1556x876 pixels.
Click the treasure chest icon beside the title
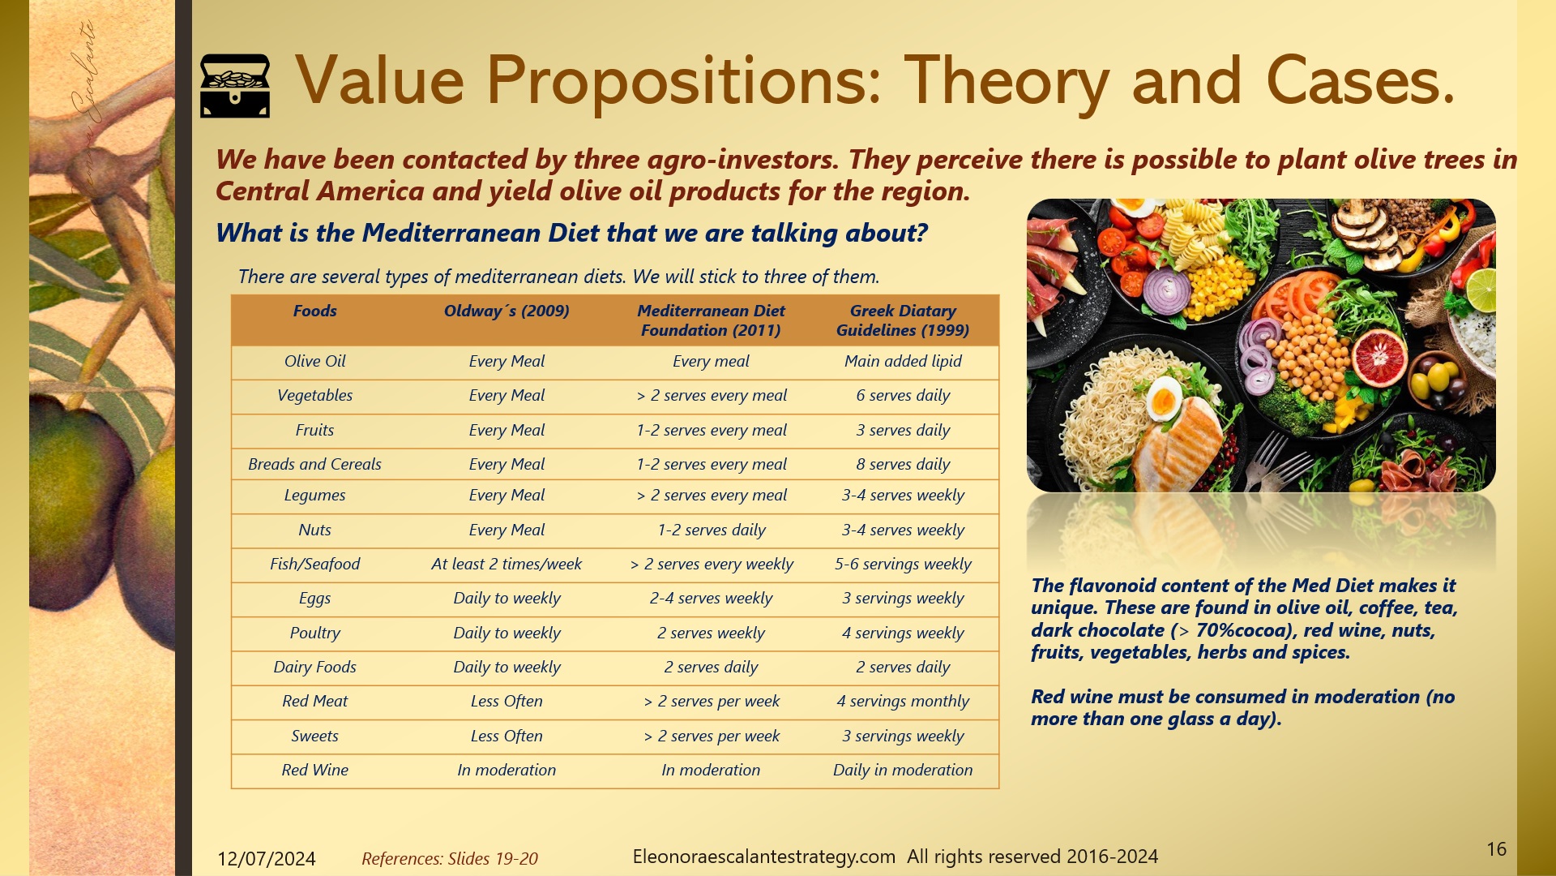pyautogui.click(x=234, y=85)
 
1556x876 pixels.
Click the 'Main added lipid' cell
pyautogui.click(x=903, y=362)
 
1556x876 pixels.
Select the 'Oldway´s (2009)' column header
pyautogui.click(x=507, y=311)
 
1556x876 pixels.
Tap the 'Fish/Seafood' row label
pyautogui.click(x=314, y=565)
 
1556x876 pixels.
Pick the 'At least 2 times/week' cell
pyautogui.click(x=507, y=565)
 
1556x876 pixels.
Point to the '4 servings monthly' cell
pyautogui.click(x=903, y=702)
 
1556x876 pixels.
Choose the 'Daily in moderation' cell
pyautogui.click(x=903, y=771)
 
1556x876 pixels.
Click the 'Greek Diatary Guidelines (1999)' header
pyautogui.click(x=903, y=320)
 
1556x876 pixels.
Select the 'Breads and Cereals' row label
pyautogui.click(x=314, y=465)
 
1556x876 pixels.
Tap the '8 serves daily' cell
pyautogui.click(x=903, y=465)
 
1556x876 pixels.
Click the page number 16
pyautogui.click(x=1496, y=849)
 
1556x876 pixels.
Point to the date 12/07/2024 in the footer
pyautogui.click(x=266, y=859)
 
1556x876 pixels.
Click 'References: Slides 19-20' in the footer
pyautogui.click(x=450, y=859)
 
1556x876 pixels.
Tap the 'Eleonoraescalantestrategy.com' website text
pyautogui.click(x=763, y=857)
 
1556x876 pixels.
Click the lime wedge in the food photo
pyautogui.click(x=1480, y=290)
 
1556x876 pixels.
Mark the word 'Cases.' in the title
pyautogui.click(x=1361, y=81)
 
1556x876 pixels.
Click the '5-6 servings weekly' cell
pyautogui.click(x=903, y=565)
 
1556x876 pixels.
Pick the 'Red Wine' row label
pyautogui.click(x=314, y=771)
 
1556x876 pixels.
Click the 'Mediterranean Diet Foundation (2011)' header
pyautogui.click(x=711, y=320)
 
